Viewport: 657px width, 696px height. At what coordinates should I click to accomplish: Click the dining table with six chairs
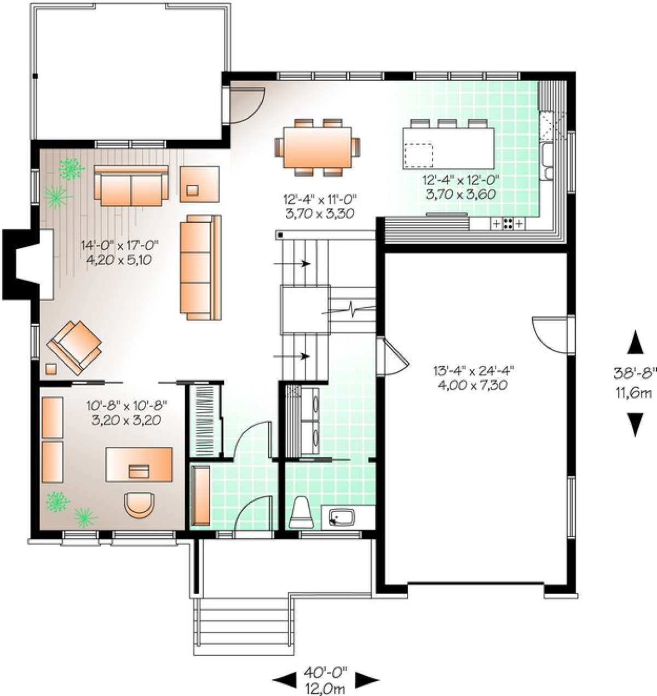(318, 147)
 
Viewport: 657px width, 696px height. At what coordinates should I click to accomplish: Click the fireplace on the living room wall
(28, 264)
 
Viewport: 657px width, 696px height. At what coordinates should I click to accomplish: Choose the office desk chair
(139, 505)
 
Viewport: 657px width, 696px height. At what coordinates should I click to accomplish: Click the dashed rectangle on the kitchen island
(418, 156)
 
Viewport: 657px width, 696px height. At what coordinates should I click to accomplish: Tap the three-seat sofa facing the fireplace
(200, 267)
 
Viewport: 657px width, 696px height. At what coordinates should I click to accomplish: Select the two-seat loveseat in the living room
(131, 186)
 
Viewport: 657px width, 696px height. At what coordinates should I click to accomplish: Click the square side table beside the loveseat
(200, 184)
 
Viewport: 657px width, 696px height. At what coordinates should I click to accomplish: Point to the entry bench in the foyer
(200, 496)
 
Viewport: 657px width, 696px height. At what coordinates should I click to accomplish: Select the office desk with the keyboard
(139, 465)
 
